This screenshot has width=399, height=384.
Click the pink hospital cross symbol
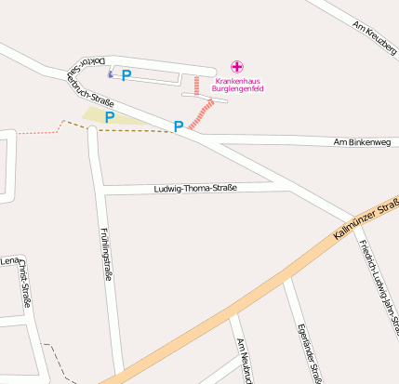coord(237,67)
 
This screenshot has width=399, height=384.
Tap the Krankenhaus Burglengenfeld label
coord(239,85)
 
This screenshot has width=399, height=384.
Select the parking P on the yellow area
coord(110,117)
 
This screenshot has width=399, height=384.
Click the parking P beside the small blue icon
coord(126,74)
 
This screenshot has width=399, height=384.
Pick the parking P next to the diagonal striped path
coord(178,126)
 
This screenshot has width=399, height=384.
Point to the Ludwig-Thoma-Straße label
coord(195,189)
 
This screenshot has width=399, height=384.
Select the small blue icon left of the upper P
coord(111,74)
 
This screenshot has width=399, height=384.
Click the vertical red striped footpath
coord(196,86)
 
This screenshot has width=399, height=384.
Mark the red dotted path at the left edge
coord(37,132)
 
